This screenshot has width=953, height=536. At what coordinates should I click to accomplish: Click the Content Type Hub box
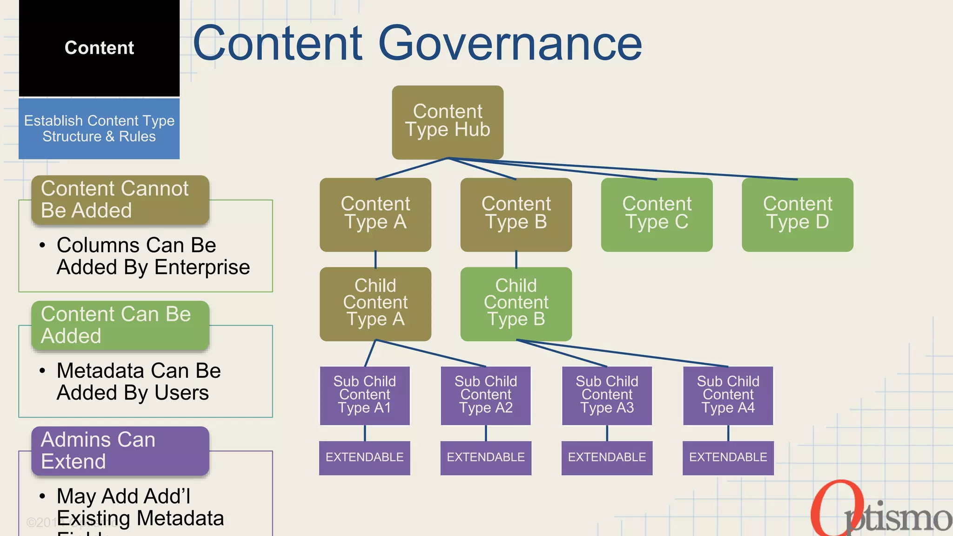(447, 122)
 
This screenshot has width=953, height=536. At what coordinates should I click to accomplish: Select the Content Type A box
(375, 214)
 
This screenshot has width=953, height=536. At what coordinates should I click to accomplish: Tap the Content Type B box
(516, 214)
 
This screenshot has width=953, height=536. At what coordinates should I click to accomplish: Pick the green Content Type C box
(657, 214)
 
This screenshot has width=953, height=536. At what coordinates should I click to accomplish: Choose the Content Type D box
(797, 214)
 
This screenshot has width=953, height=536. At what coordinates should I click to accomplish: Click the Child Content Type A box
(375, 303)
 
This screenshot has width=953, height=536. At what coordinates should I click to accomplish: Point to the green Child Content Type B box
(516, 303)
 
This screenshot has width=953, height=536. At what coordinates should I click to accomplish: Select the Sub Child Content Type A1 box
(364, 395)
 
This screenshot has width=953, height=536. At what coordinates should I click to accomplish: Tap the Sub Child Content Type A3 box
(607, 395)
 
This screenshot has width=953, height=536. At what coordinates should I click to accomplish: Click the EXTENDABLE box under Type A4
(728, 457)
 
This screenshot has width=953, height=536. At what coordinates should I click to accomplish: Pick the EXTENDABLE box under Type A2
(485, 457)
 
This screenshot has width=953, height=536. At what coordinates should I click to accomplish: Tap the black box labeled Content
(99, 48)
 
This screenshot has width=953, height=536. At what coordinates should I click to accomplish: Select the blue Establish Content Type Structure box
(99, 128)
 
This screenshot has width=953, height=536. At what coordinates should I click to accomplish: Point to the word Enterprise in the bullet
(202, 268)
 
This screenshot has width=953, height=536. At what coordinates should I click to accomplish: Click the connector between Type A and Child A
(376, 259)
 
